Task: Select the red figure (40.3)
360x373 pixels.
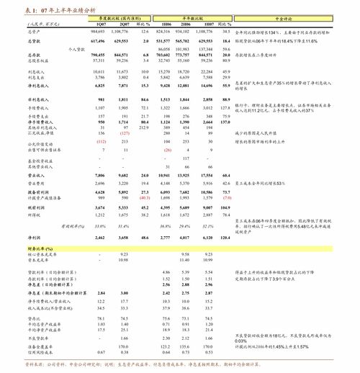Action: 145,197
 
